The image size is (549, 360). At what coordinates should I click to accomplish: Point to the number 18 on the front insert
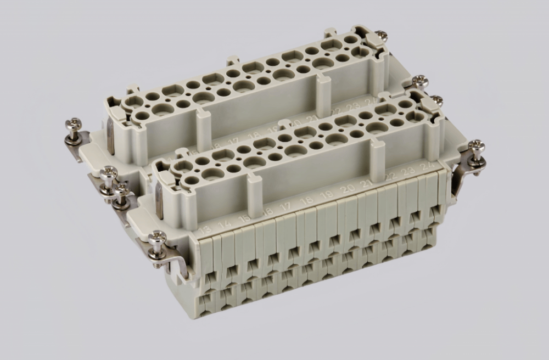tap(307, 201)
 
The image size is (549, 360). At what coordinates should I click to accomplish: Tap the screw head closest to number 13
tap(158, 237)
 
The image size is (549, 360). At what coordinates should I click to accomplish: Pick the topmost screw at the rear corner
tap(380, 36)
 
